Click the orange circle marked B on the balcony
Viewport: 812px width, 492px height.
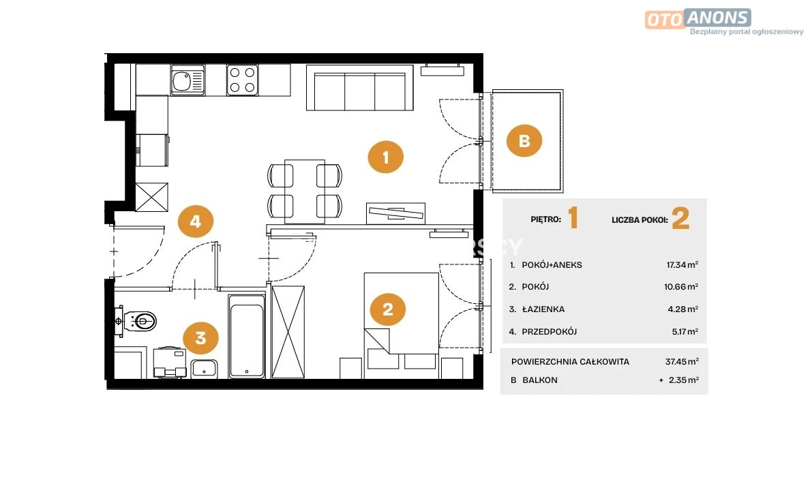click(x=524, y=141)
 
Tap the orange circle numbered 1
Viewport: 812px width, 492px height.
click(x=385, y=157)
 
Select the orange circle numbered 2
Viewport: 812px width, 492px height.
click(x=388, y=309)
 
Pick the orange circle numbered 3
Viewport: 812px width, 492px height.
click(x=200, y=338)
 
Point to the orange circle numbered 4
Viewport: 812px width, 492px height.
click(x=195, y=221)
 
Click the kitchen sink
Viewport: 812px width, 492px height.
click(x=187, y=80)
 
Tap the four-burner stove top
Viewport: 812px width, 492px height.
click(x=242, y=80)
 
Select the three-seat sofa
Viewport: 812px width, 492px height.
click(x=360, y=88)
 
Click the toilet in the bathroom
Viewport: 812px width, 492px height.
click(x=136, y=321)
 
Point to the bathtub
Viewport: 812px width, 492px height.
click(x=247, y=336)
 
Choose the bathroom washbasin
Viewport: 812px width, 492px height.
click(x=205, y=369)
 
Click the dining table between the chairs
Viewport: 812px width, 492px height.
click(x=305, y=191)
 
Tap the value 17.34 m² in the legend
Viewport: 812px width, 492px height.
click(x=682, y=264)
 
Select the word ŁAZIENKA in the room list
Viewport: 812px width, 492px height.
click(x=543, y=309)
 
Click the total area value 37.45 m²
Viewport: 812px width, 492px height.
click(x=682, y=361)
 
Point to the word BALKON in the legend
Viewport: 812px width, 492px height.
click(x=539, y=380)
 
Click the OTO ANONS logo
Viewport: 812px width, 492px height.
click(x=697, y=18)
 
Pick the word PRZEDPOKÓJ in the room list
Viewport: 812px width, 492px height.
click(x=549, y=332)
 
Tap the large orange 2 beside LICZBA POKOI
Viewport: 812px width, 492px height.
click(x=680, y=219)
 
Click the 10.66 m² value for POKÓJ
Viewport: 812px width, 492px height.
click(x=681, y=287)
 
